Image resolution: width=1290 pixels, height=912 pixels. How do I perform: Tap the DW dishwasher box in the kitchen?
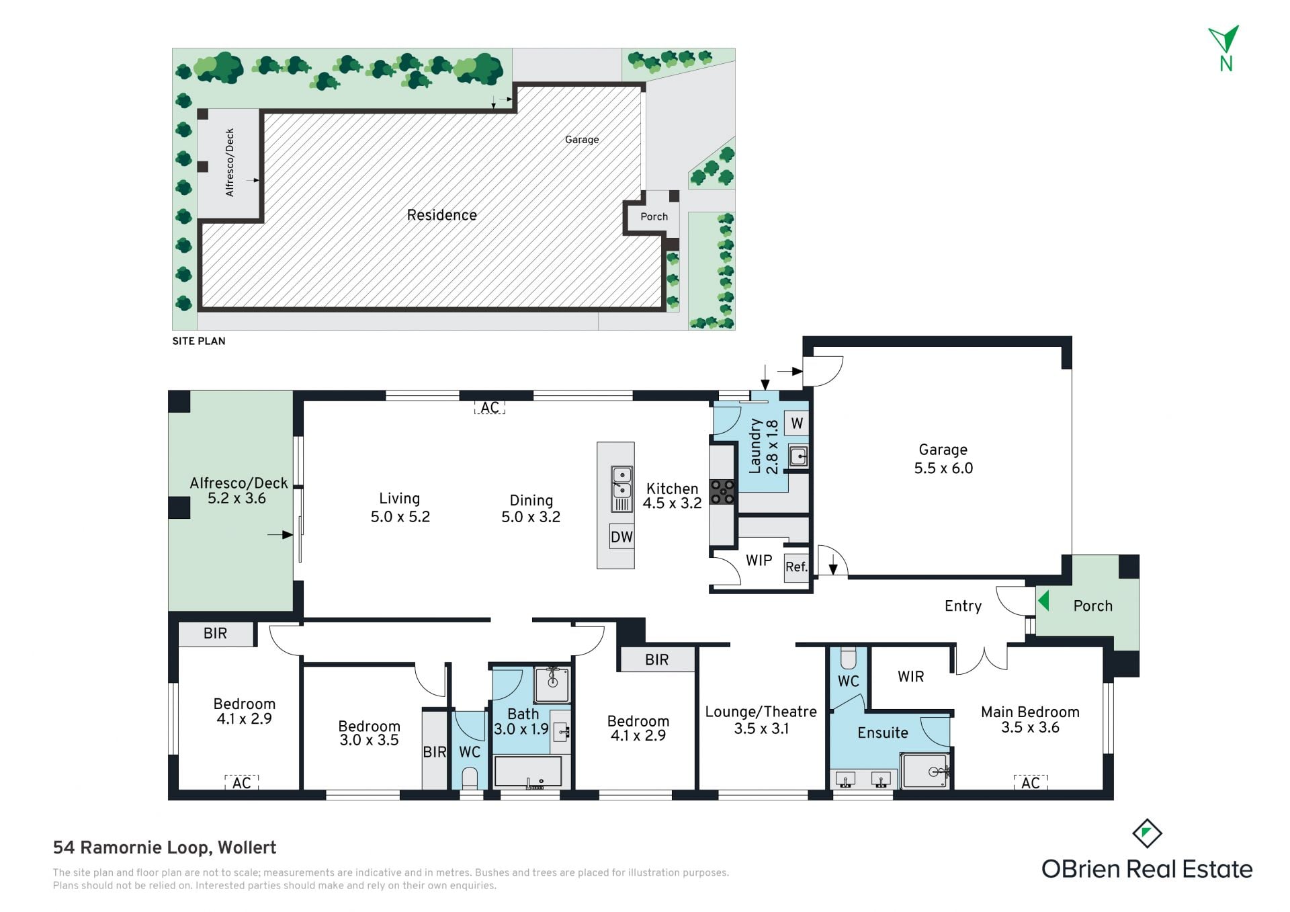point(621,536)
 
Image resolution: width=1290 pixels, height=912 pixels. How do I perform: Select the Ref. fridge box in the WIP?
point(796,567)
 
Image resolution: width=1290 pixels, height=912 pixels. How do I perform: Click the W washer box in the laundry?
point(797,423)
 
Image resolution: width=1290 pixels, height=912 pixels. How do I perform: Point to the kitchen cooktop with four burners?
point(723,491)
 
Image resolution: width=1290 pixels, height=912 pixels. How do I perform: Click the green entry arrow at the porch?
point(1043,599)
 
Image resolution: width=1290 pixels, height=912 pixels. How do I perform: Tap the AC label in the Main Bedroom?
point(1030,782)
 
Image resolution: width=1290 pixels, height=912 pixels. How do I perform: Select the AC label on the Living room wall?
point(490,407)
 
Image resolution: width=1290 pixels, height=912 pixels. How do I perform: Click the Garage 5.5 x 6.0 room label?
point(943,458)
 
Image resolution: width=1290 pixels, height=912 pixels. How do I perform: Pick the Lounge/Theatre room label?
point(761,720)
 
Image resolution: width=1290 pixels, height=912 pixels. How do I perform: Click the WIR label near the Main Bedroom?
point(910,677)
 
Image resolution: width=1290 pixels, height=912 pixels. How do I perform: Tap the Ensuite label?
point(882,733)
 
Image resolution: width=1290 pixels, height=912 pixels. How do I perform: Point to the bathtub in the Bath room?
point(528,772)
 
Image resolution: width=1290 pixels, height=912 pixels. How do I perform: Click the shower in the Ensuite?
point(925,771)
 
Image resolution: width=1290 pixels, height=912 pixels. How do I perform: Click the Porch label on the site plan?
point(654,216)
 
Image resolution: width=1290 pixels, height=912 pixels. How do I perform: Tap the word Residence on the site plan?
point(442,215)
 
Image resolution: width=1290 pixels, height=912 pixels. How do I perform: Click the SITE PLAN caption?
point(199,341)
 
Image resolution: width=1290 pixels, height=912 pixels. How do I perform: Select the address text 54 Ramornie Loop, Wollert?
point(165,847)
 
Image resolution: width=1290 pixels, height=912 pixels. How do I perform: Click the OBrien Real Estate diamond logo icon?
point(1147,833)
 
